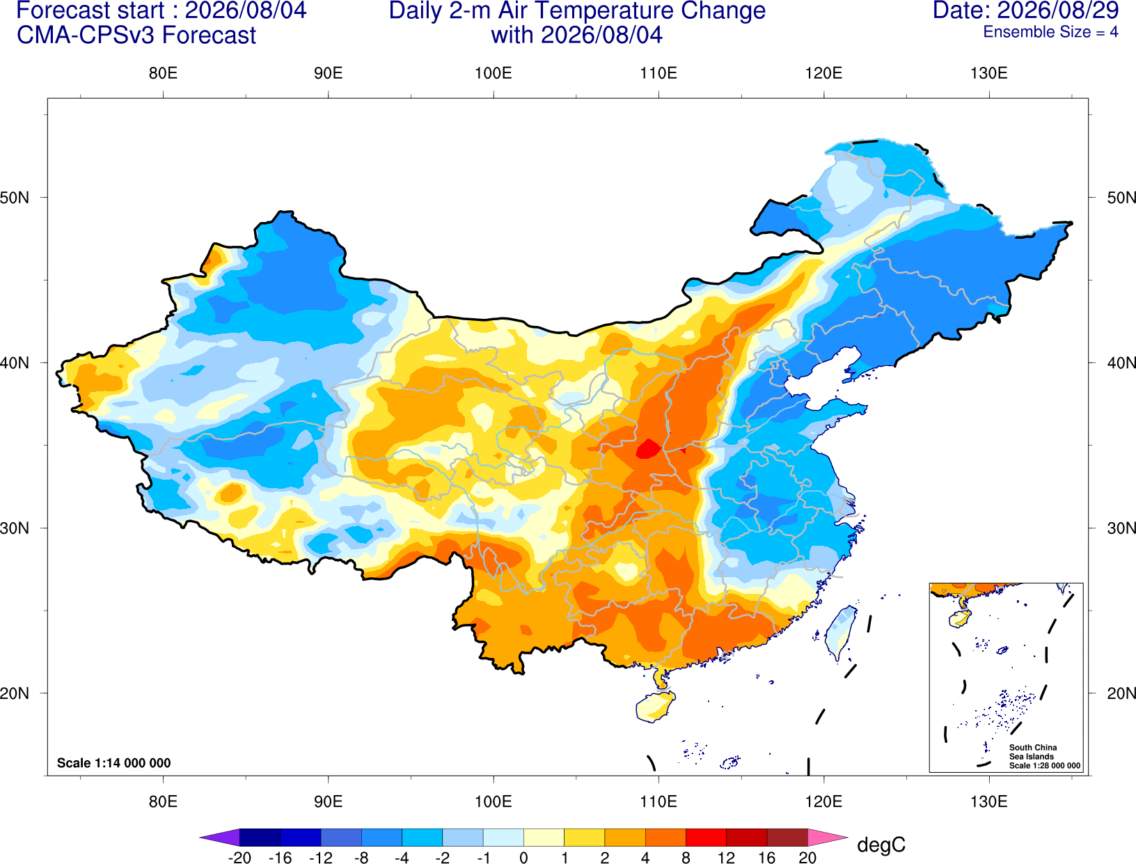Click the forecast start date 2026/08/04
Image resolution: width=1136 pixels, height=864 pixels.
click(x=245, y=10)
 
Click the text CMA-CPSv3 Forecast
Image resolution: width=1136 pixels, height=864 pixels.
click(x=136, y=36)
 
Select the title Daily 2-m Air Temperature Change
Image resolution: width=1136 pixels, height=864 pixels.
click(x=577, y=11)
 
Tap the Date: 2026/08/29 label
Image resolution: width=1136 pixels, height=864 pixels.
click(x=1026, y=10)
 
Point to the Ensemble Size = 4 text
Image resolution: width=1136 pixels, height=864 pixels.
click(x=1050, y=32)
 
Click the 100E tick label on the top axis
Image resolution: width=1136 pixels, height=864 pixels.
click(x=494, y=73)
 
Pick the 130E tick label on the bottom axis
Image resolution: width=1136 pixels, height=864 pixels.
click(x=989, y=802)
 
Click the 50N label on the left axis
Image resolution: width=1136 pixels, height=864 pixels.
click(x=15, y=197)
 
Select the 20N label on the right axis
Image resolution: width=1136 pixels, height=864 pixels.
click(x=1121, y=693)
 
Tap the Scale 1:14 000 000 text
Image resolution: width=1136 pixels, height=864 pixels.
click(x=114, y=762)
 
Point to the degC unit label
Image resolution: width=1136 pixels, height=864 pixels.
click(x=881, y=845)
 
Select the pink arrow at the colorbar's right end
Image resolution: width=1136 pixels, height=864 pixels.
click(x=827, y=837)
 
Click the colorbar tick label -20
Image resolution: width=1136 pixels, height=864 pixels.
click(x=239, y=858)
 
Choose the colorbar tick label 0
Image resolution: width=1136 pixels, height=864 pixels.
click(x=523, y=858)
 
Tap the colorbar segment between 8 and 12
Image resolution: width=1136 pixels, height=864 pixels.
click(x=706, y=837)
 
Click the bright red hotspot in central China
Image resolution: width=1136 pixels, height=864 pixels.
click(x=648, y=449)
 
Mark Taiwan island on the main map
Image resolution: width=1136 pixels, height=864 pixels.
click(x=840, y=632)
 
